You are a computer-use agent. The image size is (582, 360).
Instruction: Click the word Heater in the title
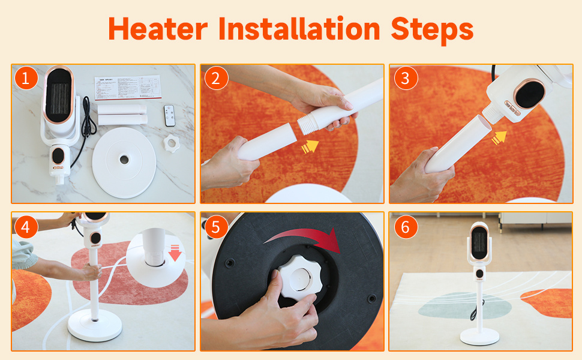[158, 28]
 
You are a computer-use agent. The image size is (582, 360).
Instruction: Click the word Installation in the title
[299, 28]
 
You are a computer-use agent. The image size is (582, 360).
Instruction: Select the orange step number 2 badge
[215, 78]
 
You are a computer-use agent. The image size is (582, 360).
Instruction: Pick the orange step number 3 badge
[406, 78]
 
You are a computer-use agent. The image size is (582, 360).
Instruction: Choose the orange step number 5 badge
[215, 227]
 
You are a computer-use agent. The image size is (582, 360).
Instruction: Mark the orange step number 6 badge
[406, 226]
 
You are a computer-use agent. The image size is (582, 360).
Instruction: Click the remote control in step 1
[169, 115]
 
